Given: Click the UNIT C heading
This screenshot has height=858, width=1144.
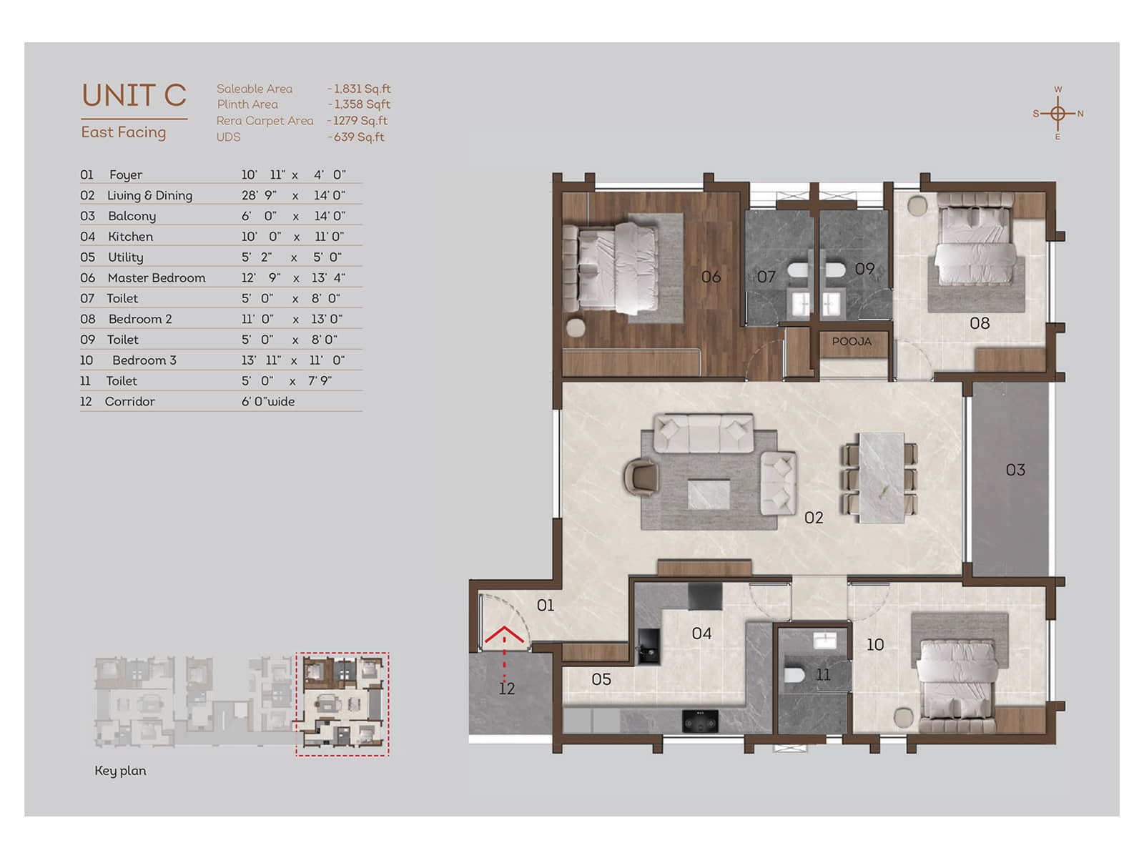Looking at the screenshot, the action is coord(134,95).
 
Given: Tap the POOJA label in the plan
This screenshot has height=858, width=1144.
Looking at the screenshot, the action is coord(851,341).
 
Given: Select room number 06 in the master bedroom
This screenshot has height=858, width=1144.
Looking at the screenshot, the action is coord(711,277).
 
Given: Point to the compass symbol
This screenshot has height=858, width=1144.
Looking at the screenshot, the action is coord(1057,113).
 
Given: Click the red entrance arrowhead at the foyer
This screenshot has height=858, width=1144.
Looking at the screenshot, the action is coord(504,633).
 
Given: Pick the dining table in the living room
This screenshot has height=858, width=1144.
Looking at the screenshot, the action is coord(882,478).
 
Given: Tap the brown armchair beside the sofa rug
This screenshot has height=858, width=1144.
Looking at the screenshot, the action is coord(641,475).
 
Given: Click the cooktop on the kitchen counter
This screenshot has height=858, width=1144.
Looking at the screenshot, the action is coord(700,721).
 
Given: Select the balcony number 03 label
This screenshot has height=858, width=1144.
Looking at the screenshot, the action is coord(1015,470).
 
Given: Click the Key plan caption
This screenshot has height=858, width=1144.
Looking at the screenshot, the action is coord(120,771).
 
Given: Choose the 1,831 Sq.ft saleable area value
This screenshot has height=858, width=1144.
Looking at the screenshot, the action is coord(363,89).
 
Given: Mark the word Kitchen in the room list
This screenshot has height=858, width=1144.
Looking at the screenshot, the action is coord(130,237).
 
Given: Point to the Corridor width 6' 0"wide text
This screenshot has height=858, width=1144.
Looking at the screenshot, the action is coord(268,402).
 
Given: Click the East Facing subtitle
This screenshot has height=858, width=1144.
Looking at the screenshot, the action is coord(124,132).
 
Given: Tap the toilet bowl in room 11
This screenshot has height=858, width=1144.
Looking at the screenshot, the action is coord(794,675).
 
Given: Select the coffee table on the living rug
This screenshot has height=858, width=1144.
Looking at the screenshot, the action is coord(709,494).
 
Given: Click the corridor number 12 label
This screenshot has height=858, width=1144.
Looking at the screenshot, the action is coord(507,689).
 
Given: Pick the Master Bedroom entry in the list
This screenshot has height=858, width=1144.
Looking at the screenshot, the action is coord(157,277).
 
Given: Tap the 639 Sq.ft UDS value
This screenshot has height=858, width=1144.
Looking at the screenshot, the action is coord(359,137).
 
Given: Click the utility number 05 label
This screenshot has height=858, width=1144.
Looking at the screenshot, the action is coord(601,679).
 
